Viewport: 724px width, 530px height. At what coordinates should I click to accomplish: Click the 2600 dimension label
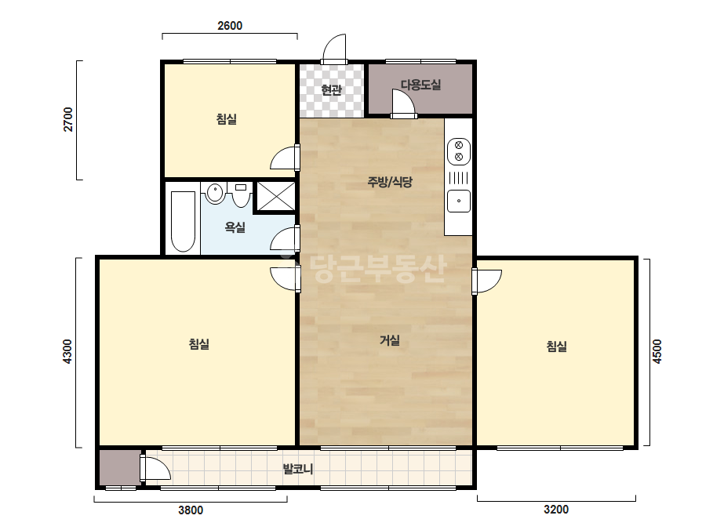point(230,25)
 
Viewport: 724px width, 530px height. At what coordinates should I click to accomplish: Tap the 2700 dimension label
point(68,120)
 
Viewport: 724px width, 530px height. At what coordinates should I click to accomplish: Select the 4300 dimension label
point(67,352)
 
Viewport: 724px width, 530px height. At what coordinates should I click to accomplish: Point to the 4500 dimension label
point(657,352)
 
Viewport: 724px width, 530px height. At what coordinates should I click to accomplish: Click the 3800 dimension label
point(191,510)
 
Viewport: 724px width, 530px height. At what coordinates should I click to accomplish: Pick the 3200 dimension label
point(556,510)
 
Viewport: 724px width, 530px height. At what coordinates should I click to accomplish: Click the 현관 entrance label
point(331,89)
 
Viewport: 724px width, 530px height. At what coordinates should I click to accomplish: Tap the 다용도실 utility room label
point(420,85)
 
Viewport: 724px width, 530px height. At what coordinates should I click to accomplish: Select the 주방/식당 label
point(390,182)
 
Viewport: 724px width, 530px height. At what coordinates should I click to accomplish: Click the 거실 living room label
point(389,340)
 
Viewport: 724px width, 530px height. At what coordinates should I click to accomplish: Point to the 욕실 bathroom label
point(235,227)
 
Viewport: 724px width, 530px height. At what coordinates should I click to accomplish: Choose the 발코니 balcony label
point(298,470)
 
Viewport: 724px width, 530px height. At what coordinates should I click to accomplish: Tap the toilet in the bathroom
point(241,194)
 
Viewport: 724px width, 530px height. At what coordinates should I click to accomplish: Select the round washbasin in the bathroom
point(215,193)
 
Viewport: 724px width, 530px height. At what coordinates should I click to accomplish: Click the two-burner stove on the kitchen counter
point(459,151)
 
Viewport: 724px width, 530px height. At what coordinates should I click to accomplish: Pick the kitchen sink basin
point(459,201)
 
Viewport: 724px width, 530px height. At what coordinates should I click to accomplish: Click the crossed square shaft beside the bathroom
point(275,197)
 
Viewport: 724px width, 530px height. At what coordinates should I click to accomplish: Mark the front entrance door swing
point(334,49)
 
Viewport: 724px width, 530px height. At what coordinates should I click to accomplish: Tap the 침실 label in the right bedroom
point(556,347)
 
